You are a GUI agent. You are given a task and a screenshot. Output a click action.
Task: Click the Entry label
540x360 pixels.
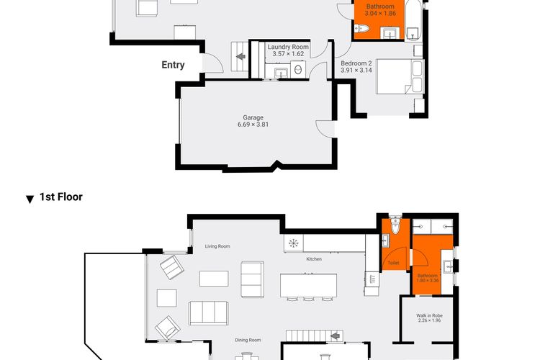pyautogui.click(x=173, y=65)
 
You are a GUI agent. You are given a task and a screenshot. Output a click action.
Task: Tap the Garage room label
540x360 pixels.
pyautogui.click(x=253, y=117)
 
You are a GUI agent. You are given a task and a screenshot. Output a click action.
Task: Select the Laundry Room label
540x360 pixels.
pyautogui.click(x=288, y=47)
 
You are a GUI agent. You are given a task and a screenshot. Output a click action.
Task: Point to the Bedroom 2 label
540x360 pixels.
pyautogui.click(x=356, y=63)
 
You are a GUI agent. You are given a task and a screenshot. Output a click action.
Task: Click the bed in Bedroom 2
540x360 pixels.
pyautogui.click(x=400, y=76)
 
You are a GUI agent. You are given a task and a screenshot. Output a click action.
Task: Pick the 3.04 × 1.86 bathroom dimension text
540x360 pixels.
pyautogui.click(x=380, y=14)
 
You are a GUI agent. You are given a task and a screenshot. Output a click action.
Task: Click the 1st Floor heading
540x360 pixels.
pyautogui.click(x=61, y=197)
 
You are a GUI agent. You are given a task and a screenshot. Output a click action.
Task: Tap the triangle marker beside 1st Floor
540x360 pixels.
pyautogui.click(x=30, y=199)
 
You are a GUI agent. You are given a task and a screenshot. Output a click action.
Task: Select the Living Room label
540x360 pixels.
pyautogui.click(x=217, y=246)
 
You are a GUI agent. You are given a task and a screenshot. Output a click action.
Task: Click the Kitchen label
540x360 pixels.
pyautogui.click(x=314, y=258)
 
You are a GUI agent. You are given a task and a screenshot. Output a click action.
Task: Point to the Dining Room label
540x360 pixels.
pyautogui.click(x=248, y=340)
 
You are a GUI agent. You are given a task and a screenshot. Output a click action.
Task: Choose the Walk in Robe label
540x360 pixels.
pyautogui.click(x=429, y=315)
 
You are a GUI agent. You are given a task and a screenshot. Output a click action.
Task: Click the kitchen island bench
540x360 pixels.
pyautogui.click(x=309, y=286)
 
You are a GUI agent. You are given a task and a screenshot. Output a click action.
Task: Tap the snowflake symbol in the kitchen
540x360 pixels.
pyautogui.click(x=294, y=243)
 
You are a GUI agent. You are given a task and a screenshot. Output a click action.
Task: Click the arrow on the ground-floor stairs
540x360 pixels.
pyautogui.click(x=240, y=56)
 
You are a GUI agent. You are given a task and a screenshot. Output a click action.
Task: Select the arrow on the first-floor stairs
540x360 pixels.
pyautogui.click(x=335, y=336)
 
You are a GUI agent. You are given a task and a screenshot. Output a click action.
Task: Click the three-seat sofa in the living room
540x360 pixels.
pyautogui.click(x=208, y=312)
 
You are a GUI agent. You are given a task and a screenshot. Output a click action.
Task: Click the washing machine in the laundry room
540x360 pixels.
pyautogui.click(x=298, y=70)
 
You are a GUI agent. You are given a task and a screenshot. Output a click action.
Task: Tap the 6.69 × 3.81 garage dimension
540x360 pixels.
pyautogui.click(x=253, y=125)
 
